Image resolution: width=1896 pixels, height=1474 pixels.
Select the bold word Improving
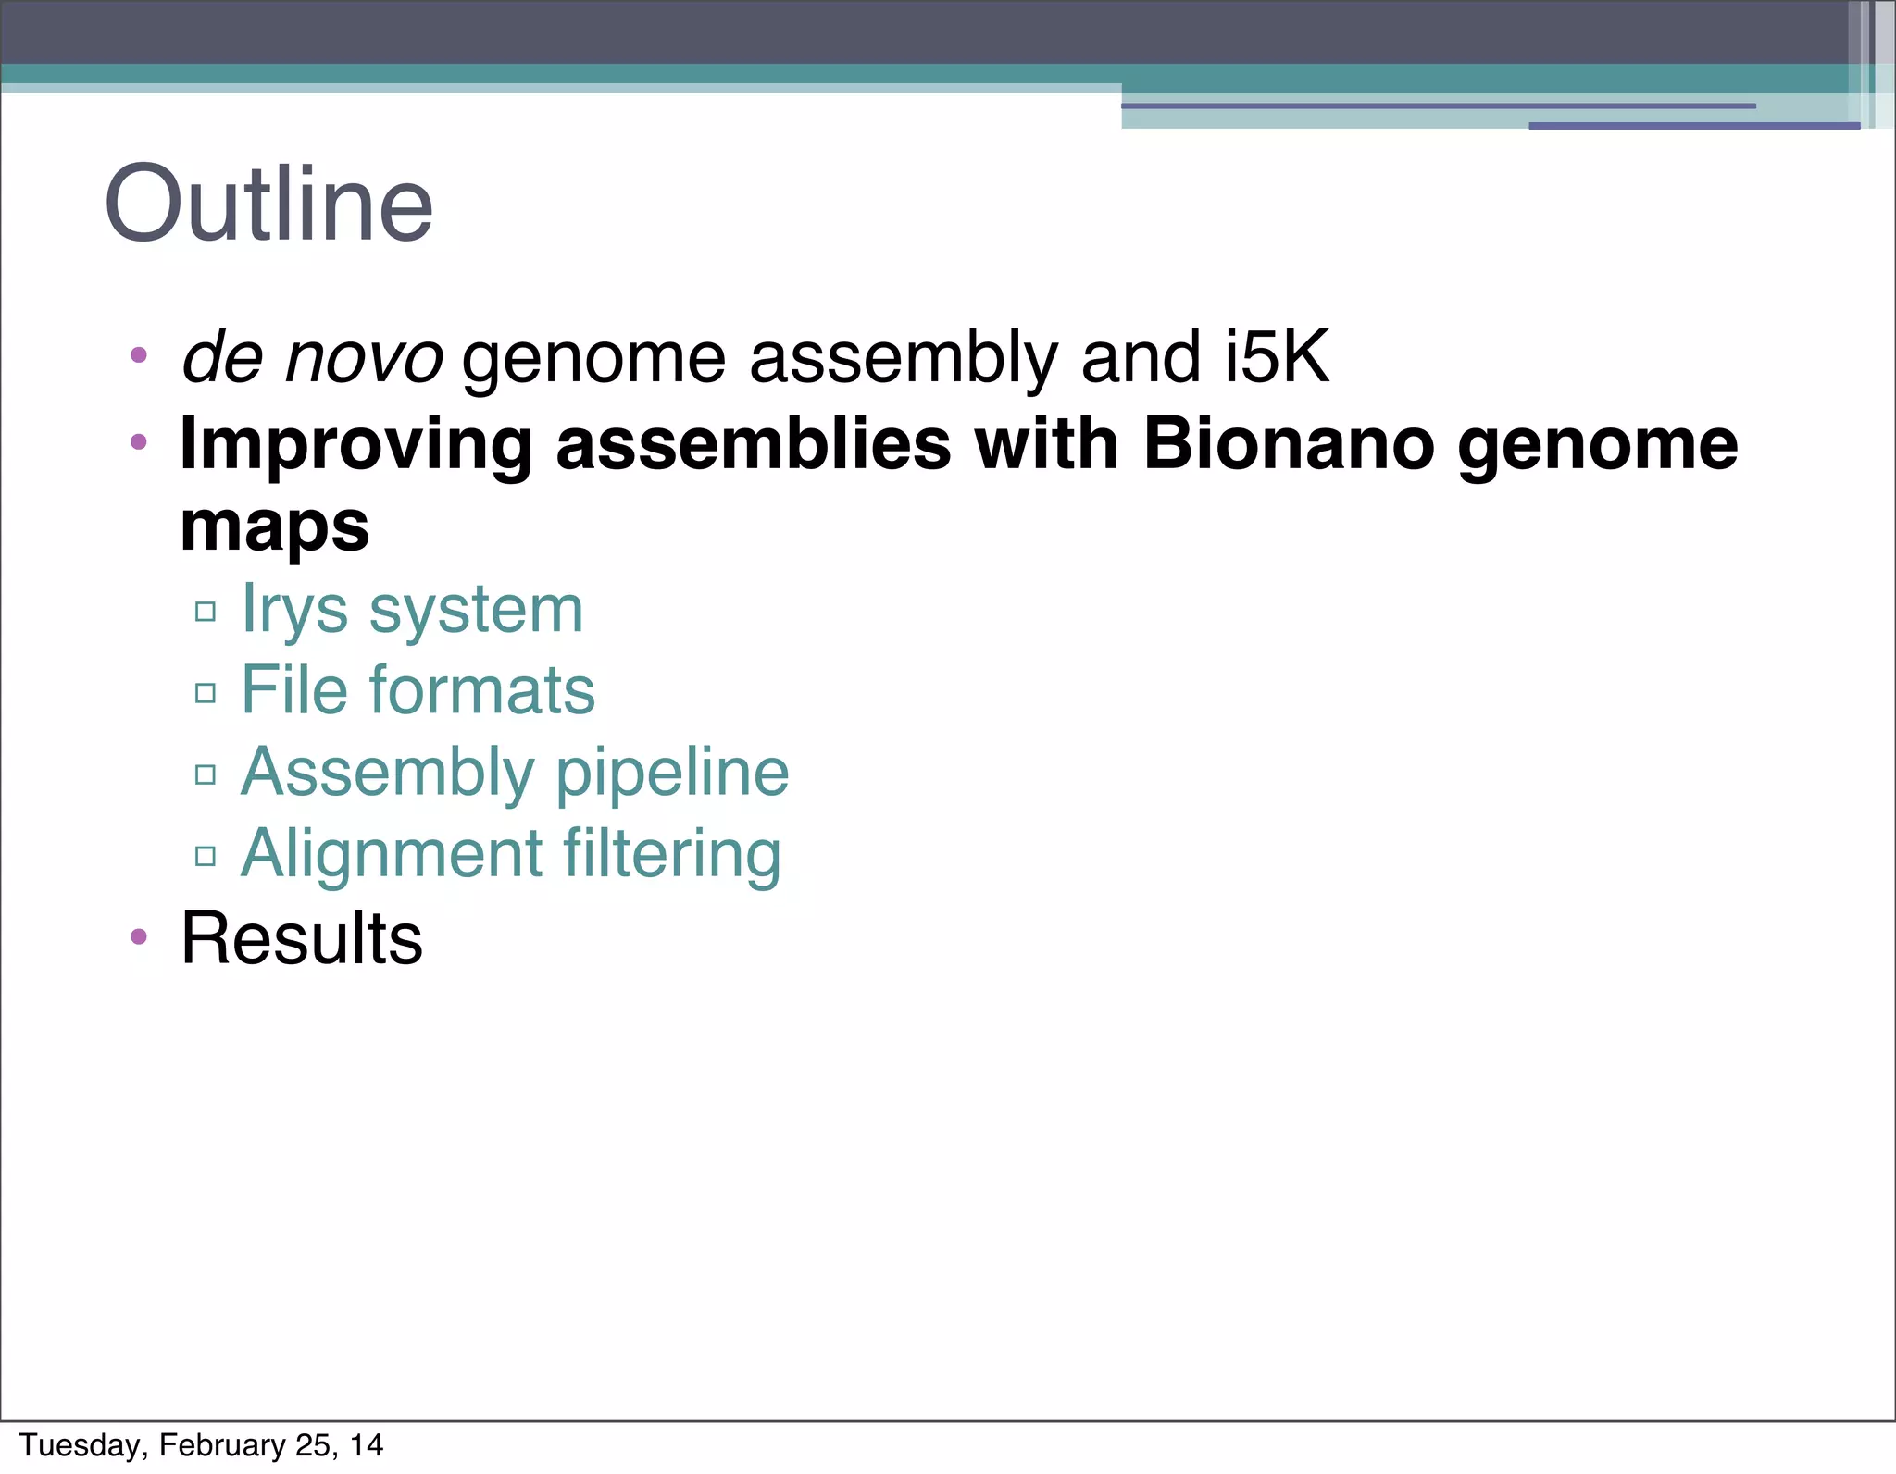pos(355,446)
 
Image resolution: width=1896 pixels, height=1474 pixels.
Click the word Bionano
pos(1288,444)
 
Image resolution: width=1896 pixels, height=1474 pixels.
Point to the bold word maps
pos(274,527)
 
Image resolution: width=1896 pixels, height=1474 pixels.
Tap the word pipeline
pos(672,773)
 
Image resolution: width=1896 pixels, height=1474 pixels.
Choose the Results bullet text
pos(301,938)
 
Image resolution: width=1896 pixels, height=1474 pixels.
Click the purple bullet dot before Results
pos(139,937)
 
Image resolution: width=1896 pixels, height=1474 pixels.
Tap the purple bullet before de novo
pos(139,354)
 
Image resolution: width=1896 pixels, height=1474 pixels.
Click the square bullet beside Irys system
pos(206,611)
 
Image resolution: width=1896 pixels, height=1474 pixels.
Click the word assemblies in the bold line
pos(753,444)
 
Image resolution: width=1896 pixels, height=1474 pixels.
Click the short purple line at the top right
pos(1693,126)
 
